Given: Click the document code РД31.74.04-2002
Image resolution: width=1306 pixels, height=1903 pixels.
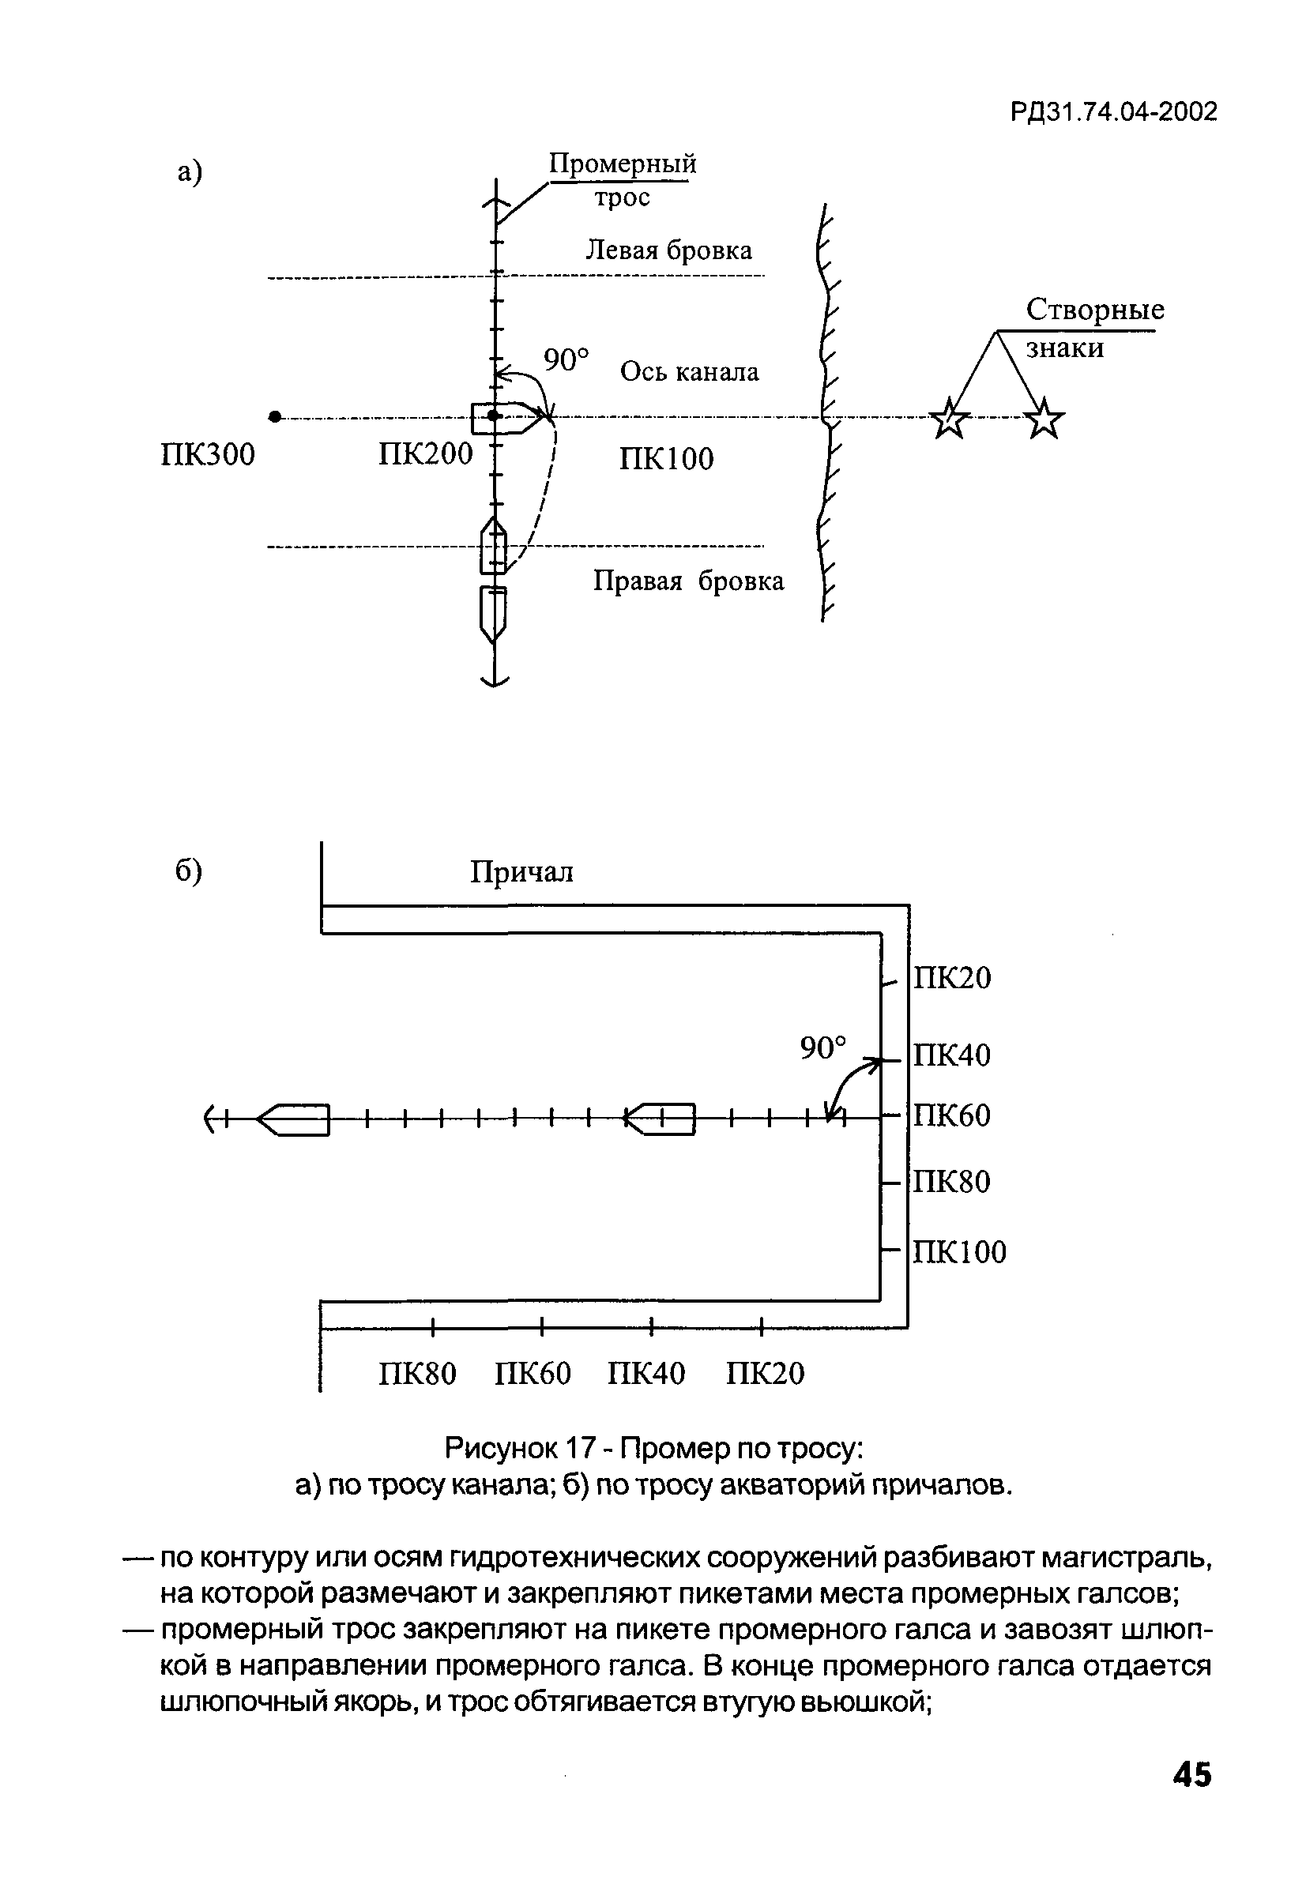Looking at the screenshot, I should pos(1113,111).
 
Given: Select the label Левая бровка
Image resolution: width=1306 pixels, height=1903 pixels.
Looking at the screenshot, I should pos(668,250).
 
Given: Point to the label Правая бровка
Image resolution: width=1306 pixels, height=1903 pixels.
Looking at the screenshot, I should pos(688,581).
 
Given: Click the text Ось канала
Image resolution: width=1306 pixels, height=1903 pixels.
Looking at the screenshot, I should pos(689,372).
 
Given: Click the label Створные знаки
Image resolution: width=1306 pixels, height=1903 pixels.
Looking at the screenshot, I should pos(1093,328).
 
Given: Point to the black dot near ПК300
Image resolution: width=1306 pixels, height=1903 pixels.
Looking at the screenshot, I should pos(275,417).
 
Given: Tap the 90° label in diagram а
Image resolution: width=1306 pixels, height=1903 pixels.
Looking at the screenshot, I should pos(566,359).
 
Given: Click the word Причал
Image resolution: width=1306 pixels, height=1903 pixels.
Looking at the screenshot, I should pos(521,872).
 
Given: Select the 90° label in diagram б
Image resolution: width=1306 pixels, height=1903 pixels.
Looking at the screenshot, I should pos(823,1047).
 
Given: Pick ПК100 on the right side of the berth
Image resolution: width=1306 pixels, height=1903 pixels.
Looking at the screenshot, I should pos(960,1252).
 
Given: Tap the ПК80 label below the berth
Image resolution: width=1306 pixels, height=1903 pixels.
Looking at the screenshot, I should pos(418,1373).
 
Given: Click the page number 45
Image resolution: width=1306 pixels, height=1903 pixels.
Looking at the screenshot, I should pos(1191,1774).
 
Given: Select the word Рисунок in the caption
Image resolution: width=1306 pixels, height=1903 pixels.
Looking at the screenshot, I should pos(499,1449).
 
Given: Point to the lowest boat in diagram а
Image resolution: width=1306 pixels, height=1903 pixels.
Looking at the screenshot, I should pos(493,613).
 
